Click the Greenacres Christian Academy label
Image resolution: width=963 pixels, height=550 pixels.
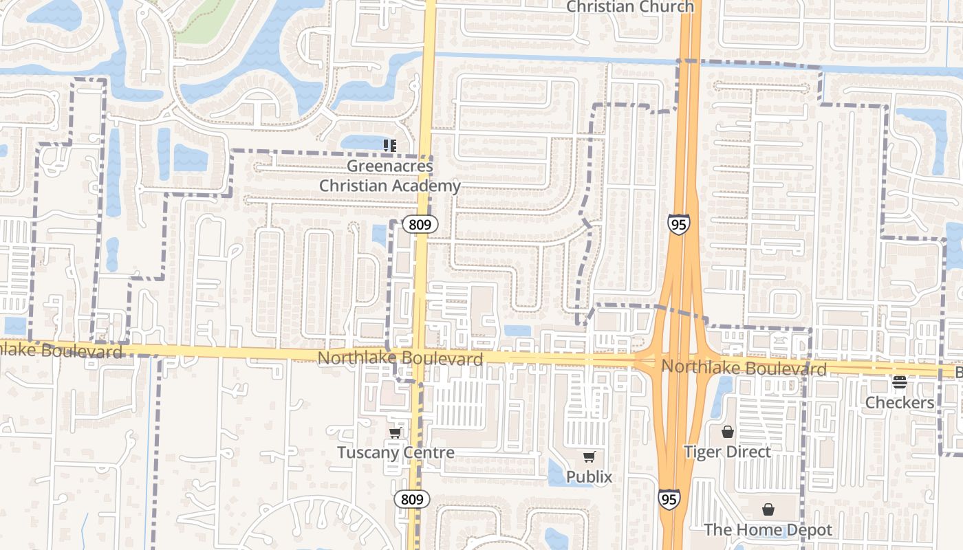pyautogui.click(x=389, y=176)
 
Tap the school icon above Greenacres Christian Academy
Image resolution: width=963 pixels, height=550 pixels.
pyautogui.click(x=390, y=145)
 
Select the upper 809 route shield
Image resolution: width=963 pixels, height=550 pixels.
pyautogui.click(x=420, y=224)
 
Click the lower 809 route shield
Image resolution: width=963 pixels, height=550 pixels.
pyautogui.click(x=412, y=499)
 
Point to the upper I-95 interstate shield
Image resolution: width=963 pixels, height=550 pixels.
pyautogui.click(x=678, y=224)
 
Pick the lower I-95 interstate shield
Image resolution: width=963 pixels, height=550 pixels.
pyautogui.click(x=669, y=499)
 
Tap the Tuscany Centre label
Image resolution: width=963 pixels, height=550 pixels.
pyautogui.click(x=396, y=452)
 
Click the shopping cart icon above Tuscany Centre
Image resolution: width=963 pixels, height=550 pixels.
pyautogui.click(x=396, y=432)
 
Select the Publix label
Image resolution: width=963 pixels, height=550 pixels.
pyautogui.click(x=589, y=476)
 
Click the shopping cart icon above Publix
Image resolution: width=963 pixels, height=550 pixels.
pyautogui.click(x=589, y=456)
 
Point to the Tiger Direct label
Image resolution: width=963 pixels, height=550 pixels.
pyautogui.click(x=728, y=452)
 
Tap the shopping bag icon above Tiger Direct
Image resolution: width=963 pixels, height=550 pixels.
pyautogui.click(x=728, y=432)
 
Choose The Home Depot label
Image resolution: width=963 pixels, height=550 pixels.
pyautogui.click(x=768, y=530)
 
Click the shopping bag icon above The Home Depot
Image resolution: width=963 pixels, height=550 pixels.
pyautogui.click(x=768, y=509)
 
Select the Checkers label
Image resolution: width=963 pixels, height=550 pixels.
pyautogui.click(x=900, y=402)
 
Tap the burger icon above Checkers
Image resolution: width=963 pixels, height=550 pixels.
pyautogui.click(x=900, y=382)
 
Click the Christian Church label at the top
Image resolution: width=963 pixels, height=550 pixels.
pyautogui.click(x=630, y=7)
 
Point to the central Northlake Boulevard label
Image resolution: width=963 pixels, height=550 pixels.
pyautogui.click(x=400, y=359)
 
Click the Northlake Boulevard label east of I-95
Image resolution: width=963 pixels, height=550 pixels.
pyautogui.click(x=744, y=367)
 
